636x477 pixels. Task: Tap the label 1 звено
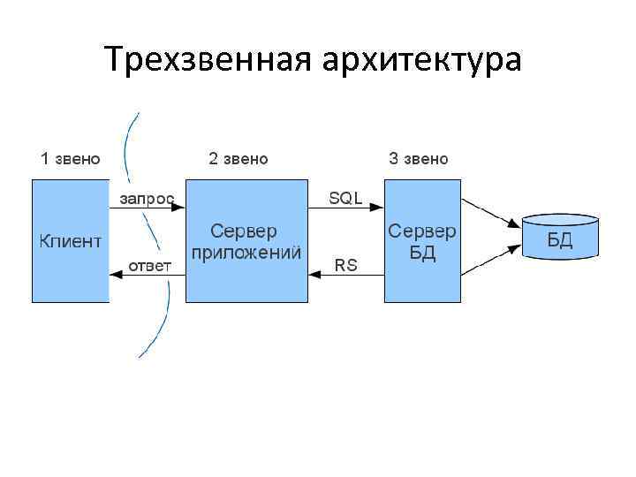click(70, 159)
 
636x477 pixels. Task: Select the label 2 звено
click(238, 159)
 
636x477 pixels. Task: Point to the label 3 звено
click(419, 159)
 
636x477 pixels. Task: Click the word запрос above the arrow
click(147, 198)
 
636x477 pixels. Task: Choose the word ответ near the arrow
click(150, 265)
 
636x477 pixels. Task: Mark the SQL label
click(345, 198)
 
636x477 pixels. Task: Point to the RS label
click(345, 265)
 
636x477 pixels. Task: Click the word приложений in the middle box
click(246, 252)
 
